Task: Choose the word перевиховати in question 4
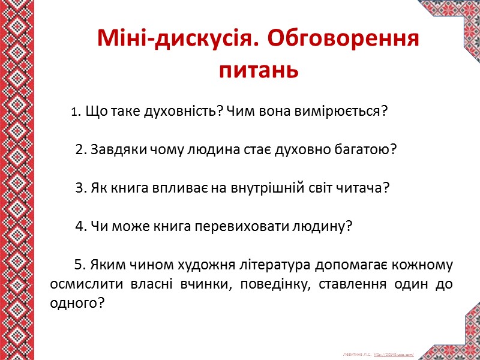(240, 227)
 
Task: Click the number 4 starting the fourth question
(79, 227)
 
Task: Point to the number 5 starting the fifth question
(77, 265)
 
